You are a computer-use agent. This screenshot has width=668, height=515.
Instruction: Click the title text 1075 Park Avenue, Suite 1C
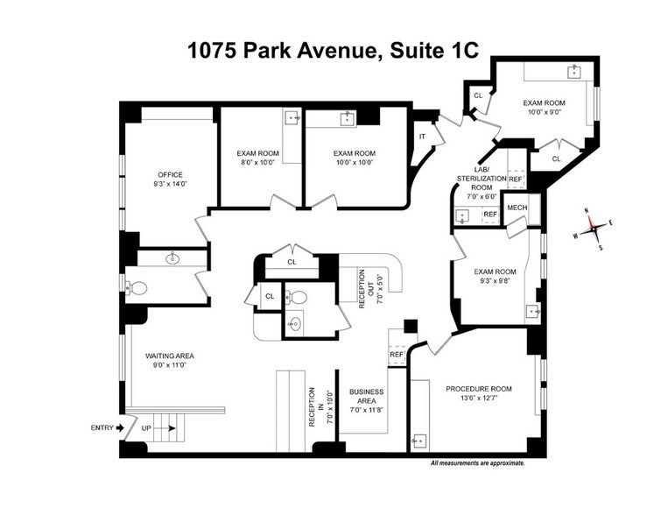point(334,49)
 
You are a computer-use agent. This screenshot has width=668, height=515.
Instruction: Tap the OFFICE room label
point(170,174)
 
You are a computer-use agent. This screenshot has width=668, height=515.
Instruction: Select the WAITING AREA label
point(169,356)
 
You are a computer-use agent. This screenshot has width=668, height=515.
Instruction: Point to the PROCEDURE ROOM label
point(478,389)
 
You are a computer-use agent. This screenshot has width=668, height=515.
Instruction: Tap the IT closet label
point(422,137)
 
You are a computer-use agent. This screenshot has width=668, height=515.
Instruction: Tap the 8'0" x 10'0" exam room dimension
point(257,162)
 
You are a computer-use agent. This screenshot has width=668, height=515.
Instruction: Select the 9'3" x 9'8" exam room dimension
point(494,282)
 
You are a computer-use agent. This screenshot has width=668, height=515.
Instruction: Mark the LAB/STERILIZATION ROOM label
point(482,178)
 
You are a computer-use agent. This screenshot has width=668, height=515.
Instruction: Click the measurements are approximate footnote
point(477,463)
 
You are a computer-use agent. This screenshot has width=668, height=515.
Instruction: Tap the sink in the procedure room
point(420,440)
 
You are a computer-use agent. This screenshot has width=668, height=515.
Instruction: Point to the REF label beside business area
point(396,355)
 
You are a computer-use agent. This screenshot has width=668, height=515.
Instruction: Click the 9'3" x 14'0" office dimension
point(170,185)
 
